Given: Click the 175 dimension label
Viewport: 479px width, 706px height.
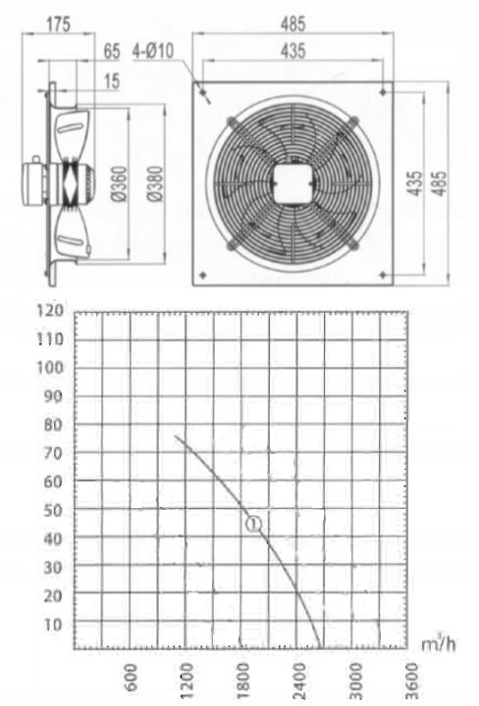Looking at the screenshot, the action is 59,24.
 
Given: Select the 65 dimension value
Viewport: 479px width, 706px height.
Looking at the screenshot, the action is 112,51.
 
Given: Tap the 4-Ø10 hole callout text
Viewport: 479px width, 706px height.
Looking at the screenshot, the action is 153,51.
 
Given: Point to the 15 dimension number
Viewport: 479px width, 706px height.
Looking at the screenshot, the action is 112,81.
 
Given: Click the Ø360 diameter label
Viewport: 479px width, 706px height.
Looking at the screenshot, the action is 119,183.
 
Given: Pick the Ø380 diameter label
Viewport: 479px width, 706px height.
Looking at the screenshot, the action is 155,183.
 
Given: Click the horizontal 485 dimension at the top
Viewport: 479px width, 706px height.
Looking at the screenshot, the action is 293,24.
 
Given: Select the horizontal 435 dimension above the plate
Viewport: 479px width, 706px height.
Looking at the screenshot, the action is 293,51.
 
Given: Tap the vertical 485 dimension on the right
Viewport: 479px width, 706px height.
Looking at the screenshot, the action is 440,183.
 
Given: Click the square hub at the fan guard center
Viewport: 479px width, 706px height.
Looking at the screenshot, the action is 293,183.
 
